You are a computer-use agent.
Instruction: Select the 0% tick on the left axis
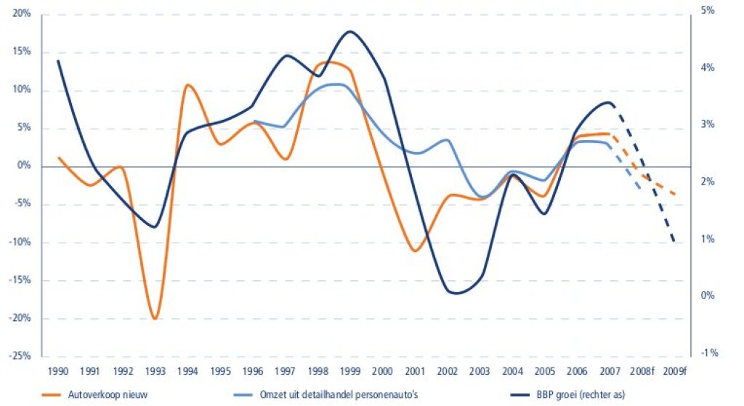tap(23, 166)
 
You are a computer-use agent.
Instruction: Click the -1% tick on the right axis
tap(707, 353)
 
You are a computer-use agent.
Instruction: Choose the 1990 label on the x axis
tap(58, 370)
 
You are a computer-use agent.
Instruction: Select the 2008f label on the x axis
tap(642, 370)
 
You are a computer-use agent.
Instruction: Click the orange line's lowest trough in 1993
tap(154, 319)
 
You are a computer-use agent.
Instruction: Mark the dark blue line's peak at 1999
tap(350, 31)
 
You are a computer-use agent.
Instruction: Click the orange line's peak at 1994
tap(187, 85)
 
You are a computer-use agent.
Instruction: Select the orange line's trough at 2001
tap(415, 251)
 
